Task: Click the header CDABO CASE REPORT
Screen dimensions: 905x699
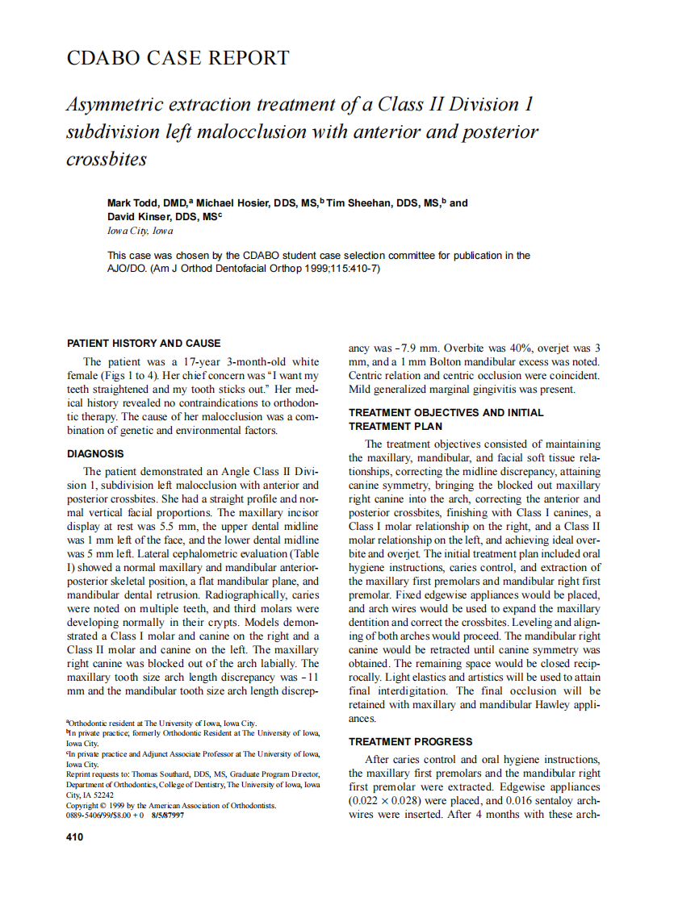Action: pos(178,58)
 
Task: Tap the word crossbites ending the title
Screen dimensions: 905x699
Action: pos(106,159)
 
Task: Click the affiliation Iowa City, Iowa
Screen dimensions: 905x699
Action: pos(140,231)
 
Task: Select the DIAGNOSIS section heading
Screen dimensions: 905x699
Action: pos(95,454)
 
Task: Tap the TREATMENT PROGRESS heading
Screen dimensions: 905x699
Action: pos(410,741)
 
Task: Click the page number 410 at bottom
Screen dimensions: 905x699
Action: pos(74,837)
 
